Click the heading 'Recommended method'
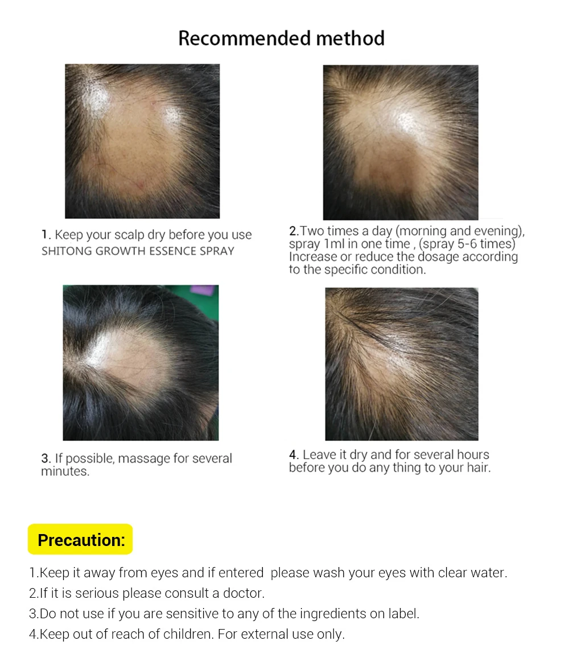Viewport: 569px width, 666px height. coord(281,39)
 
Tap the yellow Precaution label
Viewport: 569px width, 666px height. coord(80,540)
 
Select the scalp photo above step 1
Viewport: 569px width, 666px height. coord(142,141)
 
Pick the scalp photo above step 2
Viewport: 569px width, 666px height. coord(401,142)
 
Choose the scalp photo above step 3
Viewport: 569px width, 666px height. coord(141,362)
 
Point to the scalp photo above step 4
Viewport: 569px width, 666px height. coord(402,364)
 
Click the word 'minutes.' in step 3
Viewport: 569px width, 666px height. coord(65,471)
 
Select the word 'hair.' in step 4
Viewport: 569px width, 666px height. coord(477,468)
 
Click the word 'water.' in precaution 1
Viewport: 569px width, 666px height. coord(488,573)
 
